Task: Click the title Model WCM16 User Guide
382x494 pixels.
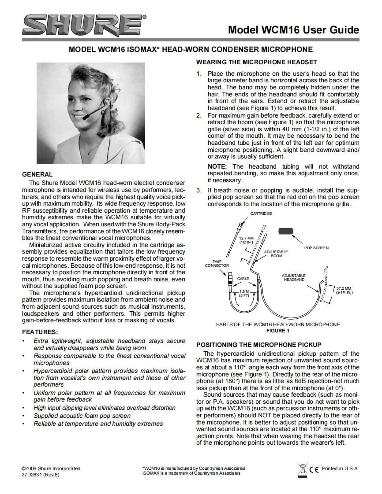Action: pyautogui.click(x=293, y=30)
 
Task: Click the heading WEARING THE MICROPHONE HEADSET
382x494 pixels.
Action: pyautogui.click(x=256, y=62)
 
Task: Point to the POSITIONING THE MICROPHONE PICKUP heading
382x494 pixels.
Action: pyautogui.click(x=259, y=344)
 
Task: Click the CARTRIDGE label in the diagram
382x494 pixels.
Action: pyautogui.click(x=261, y=214)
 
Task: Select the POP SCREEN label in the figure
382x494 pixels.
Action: pyautogui.click(x=316, y=248)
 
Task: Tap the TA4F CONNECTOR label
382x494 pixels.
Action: pyautogui.click(x=217, y=263)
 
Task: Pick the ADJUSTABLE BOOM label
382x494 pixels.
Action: pyautogui.click(x=276, y=254)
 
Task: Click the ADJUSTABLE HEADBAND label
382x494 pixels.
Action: pyautogui.click(x=293, y=277)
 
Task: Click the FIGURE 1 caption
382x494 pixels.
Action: pyautogui.click(x=278, y=331)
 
